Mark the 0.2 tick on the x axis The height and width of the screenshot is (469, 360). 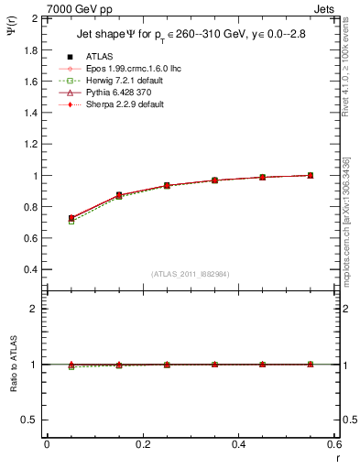click(142, 445)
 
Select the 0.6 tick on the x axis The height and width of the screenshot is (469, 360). click(334, 445)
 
